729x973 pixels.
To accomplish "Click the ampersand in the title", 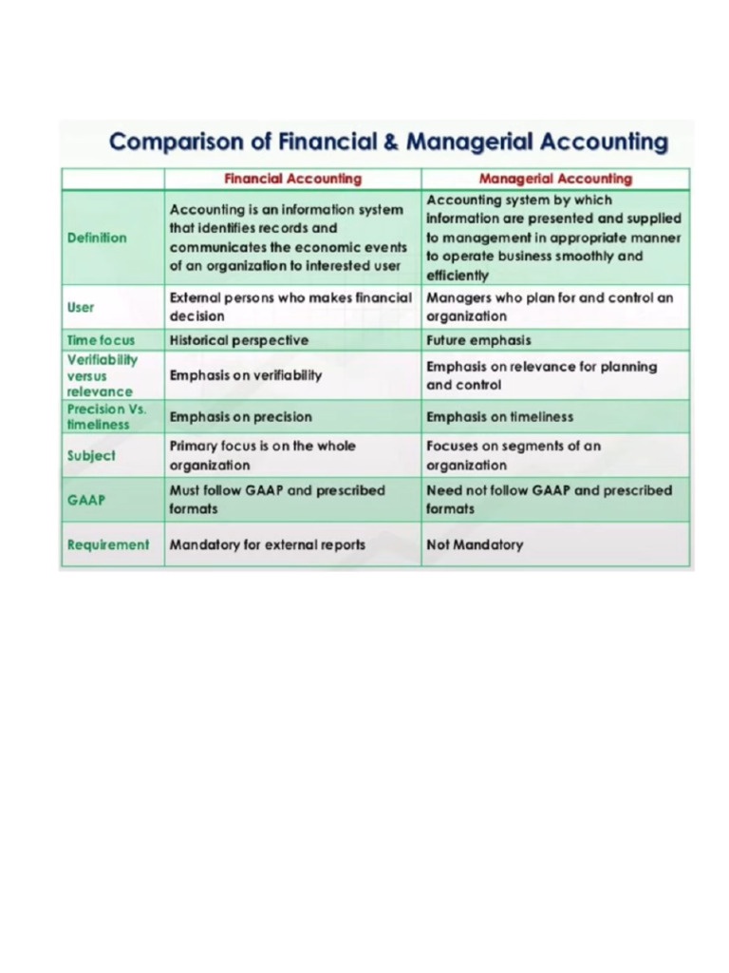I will pos(389,143).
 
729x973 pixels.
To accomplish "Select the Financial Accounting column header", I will pos(292,179).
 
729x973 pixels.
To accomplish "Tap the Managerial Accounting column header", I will pos(555,179).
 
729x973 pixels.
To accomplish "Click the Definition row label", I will pos(97,238).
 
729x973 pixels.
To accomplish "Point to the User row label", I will pos(81,307).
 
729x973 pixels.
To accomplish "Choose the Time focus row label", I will pos(102,340).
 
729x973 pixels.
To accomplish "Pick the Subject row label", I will pos(91,455).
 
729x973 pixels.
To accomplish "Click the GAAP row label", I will pos(86,499).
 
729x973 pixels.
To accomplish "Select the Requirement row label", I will pos(108,544).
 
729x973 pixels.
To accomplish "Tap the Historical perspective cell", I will pos(239,340).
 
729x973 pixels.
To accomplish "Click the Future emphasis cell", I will pos(478,340).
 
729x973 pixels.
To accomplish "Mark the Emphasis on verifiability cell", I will pos(246,375).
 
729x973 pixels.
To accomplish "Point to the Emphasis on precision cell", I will pos(240,416).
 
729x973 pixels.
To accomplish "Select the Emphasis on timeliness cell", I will pos(499,416).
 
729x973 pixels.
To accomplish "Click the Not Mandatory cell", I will pos(475,544).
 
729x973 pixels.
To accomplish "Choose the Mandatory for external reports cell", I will pos(267,544).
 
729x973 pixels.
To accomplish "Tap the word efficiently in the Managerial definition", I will pos(458,276).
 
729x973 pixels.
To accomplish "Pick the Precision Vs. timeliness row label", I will pos(106,416).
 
